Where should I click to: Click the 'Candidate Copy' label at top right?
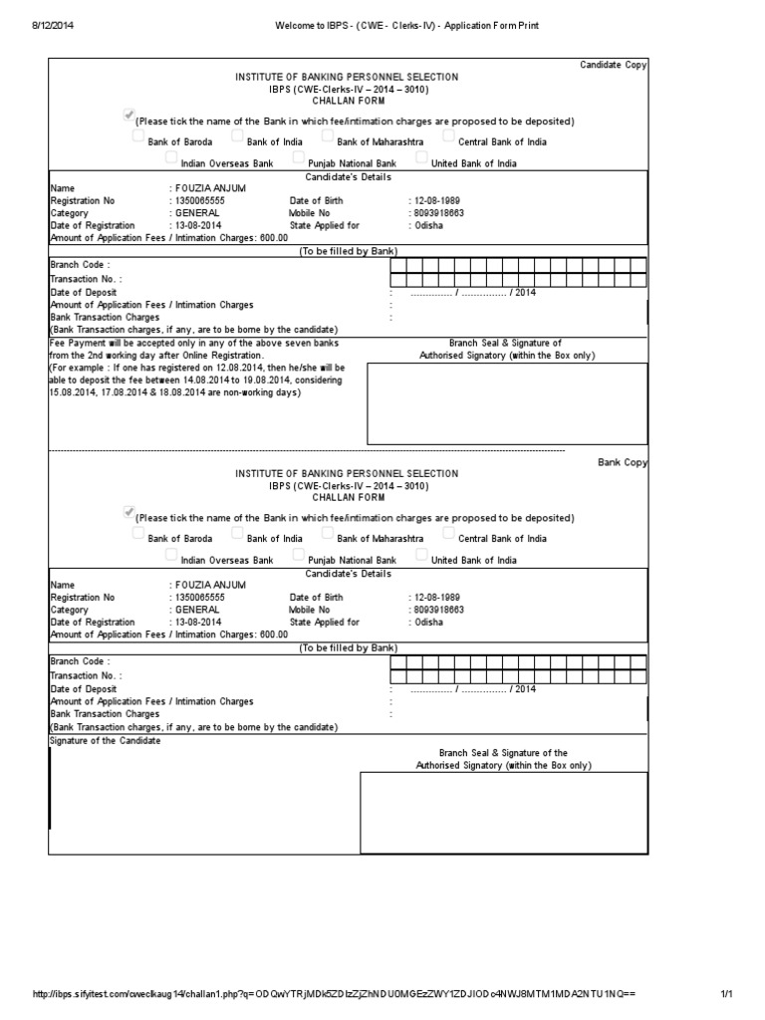[x=614, y=65]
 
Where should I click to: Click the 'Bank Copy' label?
[x=623, y=462]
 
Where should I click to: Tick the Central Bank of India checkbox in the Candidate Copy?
[x=449, y=135]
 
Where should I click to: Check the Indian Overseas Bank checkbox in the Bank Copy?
[x=171, y=555]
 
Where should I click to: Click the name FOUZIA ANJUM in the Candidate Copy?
[x=209, y=188]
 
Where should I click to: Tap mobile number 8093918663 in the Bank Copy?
[x=436, y=609]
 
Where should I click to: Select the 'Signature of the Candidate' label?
[x=104, y=741]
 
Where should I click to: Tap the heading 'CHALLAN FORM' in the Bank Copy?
[x=347, y=497]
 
